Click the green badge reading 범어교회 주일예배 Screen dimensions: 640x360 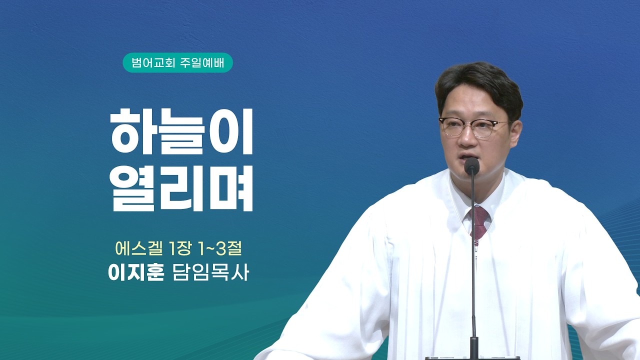coord(177,62)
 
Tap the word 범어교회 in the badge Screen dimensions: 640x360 coord(153,63)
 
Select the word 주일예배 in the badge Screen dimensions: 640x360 coord(202,63)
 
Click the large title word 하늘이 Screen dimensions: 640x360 coord(181,131)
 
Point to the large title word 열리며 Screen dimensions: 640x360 coord(181,188)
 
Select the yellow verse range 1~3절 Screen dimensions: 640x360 coord(219,248)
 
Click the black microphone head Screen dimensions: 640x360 coord(471,166)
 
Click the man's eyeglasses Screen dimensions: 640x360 coord(474,127)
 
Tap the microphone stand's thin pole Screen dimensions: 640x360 coord(473,257)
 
